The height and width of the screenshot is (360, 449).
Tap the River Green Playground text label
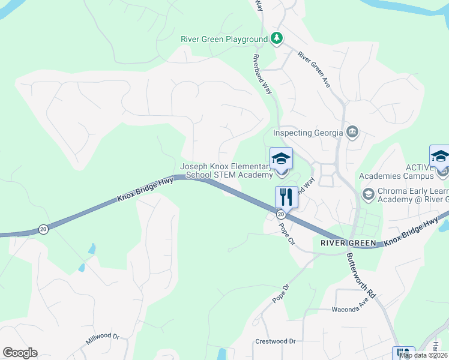(x=224, y=40)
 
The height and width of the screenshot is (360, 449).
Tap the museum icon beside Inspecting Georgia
(x=352, y=133)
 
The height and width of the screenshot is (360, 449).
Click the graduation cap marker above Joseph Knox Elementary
(x=281, y=159)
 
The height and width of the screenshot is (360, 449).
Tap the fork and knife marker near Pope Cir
(x=286, y=197)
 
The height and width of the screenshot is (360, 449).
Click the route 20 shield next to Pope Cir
(x=281, y=214)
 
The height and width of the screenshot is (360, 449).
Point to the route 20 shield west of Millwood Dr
(x=43, y=229)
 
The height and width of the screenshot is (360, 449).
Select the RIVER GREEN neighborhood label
(x=348, y=243)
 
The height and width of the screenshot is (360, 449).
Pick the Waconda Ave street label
(x=349, y=309)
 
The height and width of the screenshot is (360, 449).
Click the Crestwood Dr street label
(x=276, y=341)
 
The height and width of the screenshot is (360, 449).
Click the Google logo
(x=20, y=353)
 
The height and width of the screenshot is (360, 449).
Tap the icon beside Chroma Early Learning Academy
(x=367, y=193)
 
